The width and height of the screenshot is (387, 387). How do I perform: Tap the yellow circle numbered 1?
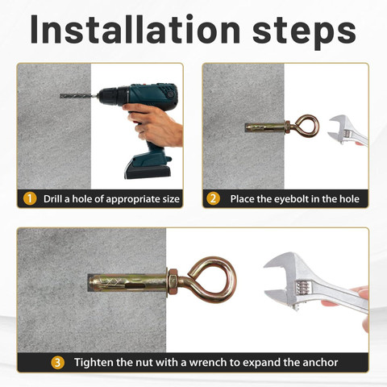[x=30, y=198]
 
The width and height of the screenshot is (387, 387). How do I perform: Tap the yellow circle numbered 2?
[x=214, y=198]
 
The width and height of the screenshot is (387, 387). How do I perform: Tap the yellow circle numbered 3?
[x=57, y=362]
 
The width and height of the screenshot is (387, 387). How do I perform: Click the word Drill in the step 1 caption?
[x=55, y=198]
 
